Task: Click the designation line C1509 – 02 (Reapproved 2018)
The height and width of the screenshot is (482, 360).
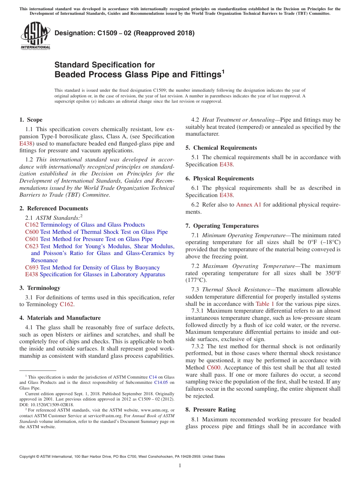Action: tap(124, 33)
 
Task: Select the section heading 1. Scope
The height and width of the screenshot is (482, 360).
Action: tap(31, 120)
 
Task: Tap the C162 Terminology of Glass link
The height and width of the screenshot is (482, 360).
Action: tap(85, 225)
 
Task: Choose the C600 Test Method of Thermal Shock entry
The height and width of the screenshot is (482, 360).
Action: tap(96, 232)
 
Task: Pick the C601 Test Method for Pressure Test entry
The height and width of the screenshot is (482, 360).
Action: tap(89, 239)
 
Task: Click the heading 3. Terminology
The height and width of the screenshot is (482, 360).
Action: tap(40, 288)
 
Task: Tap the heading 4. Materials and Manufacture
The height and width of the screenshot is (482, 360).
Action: tap(60, 318)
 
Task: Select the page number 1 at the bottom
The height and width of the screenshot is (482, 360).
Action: tap(180, 466)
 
